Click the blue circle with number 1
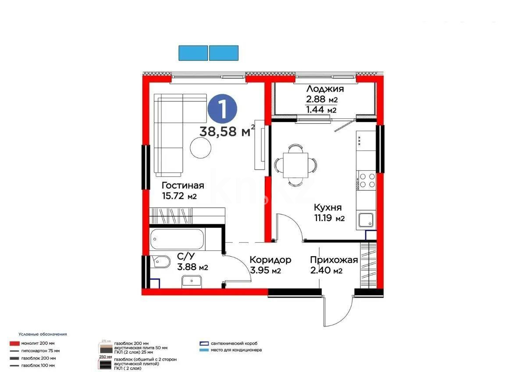pyautogui.click(x=222, y=110)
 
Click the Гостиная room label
pyautogui.click(x=183, y=185)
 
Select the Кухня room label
pyautogui.click(x=327, y=207)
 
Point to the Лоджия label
pyautogui.click(x=325, y=89)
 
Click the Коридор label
pyautogui.click(x=270, y=260)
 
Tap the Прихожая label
pyautogui.click(x=334, y=260)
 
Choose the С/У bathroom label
pyautogui.click(x=186, y=256)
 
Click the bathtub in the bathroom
pyautogui.click(x=178, y=240)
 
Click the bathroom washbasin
pyautogui.click(x=191, y=281)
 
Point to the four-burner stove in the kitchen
pyautogui.click(x=367, y=181)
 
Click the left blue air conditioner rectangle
pyautogui.click(x=193, y=53)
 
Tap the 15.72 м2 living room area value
pyautogui.click(x=179, y=196)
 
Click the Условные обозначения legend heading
pyautogui.click(x=43, y=334)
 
